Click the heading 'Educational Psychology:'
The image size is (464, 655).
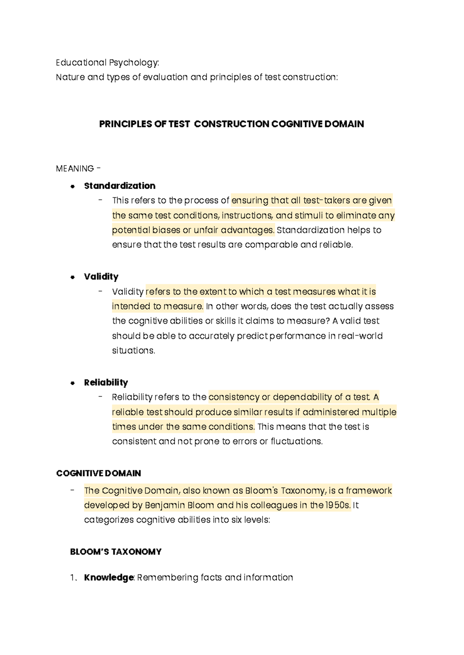pyautogui.click(x=107, y=63)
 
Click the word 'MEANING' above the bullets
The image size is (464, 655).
pyautogui.click(x=75, y=169)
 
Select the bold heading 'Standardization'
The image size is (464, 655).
pyautogui.click(x=119, y=186)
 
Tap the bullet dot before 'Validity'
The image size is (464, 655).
pyautogui.click(x=72, y=277)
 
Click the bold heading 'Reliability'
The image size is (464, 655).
pyautogui.click(x=106, y=382)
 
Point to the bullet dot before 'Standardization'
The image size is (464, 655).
pyautogui.click(x=72, y=186)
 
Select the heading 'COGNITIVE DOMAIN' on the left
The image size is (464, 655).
pyautogui.click(x=98, y=473)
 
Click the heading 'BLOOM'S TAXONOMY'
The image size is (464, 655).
pyautogui.click(x=116, y=552)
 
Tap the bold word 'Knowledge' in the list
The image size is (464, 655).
pyautogui.click(x=109, y=578)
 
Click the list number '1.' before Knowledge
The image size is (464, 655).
pyautogui.click(x=73, y=578)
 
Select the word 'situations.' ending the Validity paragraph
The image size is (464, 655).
pyautogui.click(x=133, y=351)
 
